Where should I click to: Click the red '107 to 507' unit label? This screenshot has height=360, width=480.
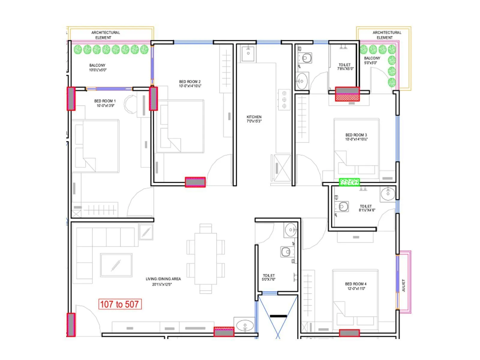[x=120, y=304]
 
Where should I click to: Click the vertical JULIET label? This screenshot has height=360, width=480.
[x=403, y=285]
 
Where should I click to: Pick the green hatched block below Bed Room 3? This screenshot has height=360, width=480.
[x=349, y=182]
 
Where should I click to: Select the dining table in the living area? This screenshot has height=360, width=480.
[x=205, y=259]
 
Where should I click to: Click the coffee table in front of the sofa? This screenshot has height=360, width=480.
[x=116, y=265]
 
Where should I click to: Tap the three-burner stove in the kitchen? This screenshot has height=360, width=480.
[x=284, y=100]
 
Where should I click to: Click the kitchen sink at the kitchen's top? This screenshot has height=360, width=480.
[x=248, y=53]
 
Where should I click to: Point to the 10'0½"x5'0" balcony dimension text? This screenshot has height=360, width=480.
[x=98, y=70]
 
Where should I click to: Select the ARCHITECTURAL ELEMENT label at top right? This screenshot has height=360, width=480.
[x=387, y=35]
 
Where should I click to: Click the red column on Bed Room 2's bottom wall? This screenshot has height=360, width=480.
[x=195, y=182]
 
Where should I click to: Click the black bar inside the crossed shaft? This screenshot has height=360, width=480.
[x=278, y=316]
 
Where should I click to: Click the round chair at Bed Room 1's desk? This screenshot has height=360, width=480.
[x=130, y=104]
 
